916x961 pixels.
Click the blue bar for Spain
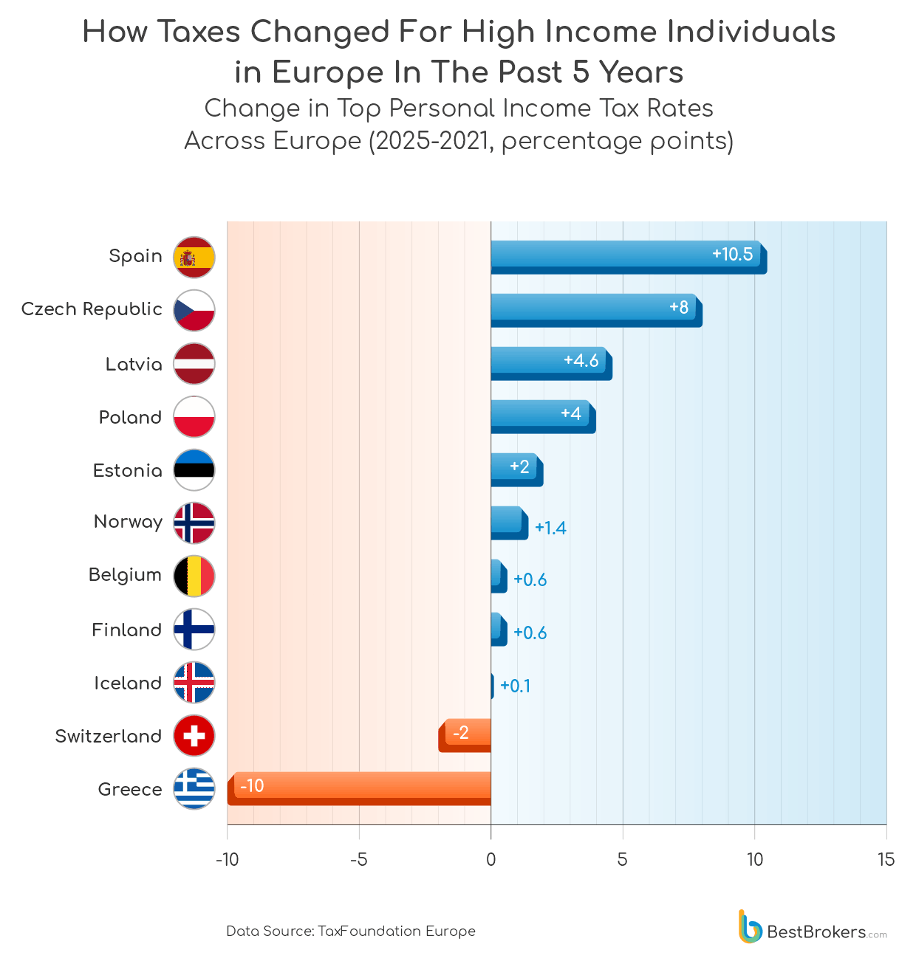628,257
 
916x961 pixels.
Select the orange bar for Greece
359,788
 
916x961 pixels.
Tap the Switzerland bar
465,734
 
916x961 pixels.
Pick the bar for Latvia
550,363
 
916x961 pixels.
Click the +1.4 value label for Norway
550,528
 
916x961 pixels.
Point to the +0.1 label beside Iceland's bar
515,686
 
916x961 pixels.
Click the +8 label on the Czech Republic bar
679,307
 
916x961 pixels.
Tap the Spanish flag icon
194,257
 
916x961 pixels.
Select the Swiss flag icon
194,735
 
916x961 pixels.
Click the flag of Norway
194,523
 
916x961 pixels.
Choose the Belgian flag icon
194,576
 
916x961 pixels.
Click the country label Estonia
127,470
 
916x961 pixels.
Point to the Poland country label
130,417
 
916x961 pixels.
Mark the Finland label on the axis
126,630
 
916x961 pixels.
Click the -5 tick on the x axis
359,859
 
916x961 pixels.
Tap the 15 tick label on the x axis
886,859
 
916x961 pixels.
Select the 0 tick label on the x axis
491,859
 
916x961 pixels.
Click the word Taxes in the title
199,32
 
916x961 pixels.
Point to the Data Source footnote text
351,931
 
